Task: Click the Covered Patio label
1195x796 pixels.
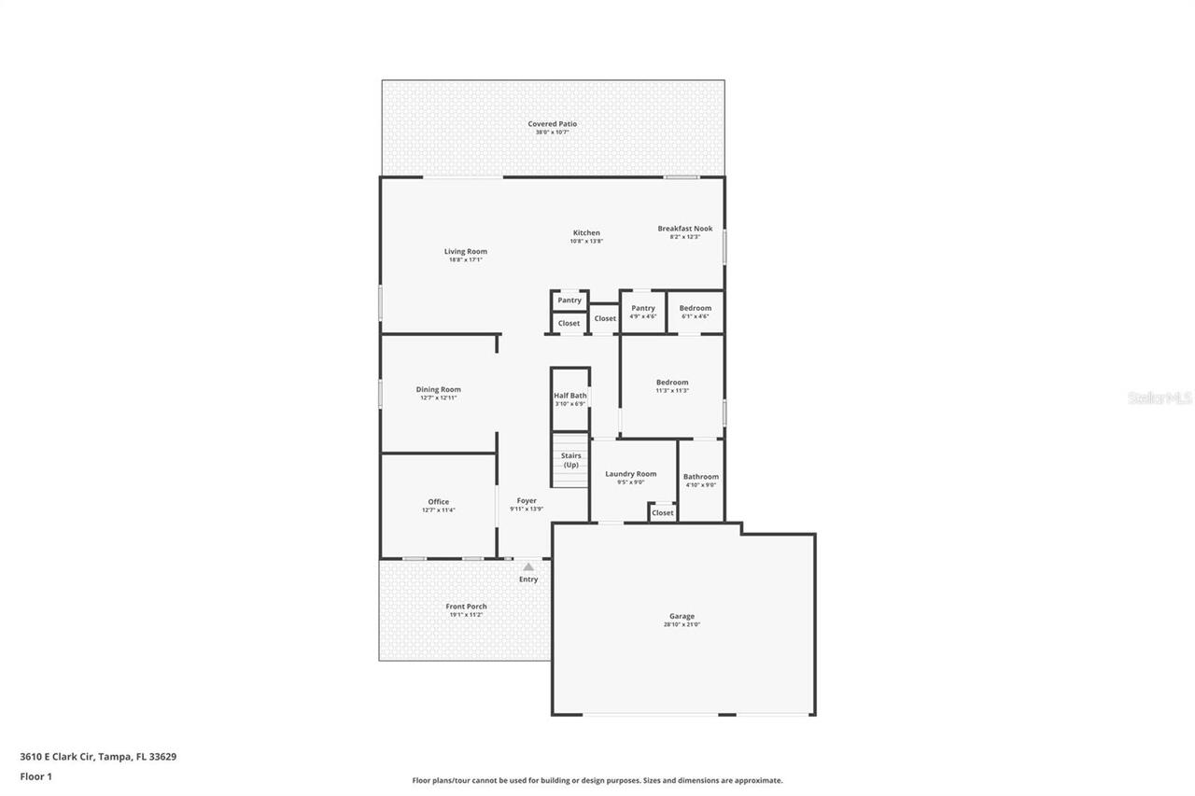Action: tap(553, 124)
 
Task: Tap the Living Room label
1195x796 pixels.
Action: tap(465, 252)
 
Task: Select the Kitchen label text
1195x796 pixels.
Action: tap(586, 233)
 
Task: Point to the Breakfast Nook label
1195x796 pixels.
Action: tap(684, 229)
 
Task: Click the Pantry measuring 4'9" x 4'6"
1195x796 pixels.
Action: tap(642, 312)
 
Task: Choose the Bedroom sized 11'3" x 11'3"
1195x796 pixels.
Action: tap(672, 385)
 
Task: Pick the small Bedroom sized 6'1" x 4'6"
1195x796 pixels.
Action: tap(695, 312)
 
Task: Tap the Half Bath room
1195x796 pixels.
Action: tap(570, 399)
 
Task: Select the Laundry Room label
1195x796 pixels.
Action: tap(630, 474)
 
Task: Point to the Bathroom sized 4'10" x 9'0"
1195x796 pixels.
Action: tap(701, 480)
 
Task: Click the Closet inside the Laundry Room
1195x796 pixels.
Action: tap(663, 512)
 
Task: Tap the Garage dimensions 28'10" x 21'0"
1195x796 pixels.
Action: tap(682, 624)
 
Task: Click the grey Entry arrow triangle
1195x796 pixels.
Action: tap(528, 566)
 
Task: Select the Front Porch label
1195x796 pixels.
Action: tap(466, 607)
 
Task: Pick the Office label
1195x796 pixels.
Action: tap(438, 502)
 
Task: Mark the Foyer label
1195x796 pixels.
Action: tap(527, 501)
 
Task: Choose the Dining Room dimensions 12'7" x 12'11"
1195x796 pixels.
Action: tap(438, 398)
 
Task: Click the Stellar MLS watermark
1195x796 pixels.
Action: tap(1160, 398)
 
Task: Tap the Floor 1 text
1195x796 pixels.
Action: tap(35, 775)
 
